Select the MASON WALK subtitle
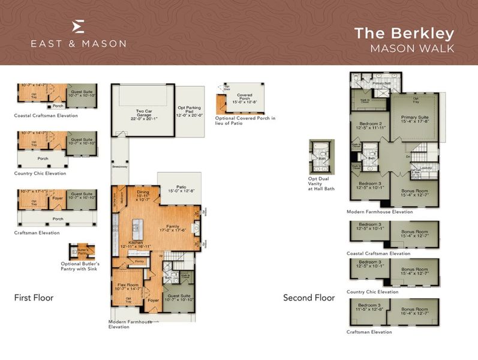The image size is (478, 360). pos(413,49)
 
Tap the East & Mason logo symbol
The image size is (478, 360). pos(78,26)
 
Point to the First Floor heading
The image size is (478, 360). pos(34,298)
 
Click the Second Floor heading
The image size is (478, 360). pos(309,298)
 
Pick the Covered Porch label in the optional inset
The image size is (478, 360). pos(243,98)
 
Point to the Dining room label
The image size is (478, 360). pos(143,194)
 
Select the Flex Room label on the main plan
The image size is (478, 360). pos(127,286)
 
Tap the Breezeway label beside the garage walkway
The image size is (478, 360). pos(120,166)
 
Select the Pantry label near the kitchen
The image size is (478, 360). pos(139,262)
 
